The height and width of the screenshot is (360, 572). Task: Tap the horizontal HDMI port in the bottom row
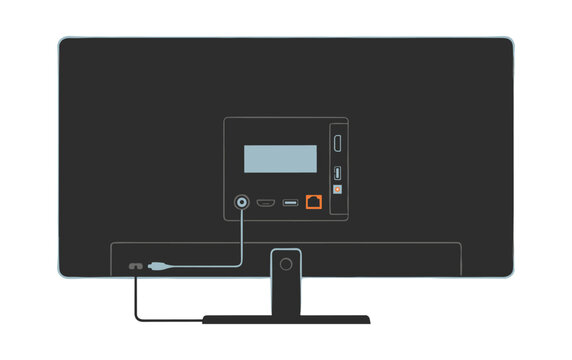point(266,203)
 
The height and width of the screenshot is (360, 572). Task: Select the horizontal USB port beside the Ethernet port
point(290,203)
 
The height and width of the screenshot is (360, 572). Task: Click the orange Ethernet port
point(314,202)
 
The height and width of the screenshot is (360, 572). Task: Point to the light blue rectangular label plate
point(281,159)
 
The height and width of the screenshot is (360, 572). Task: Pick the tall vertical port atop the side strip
point(338,143)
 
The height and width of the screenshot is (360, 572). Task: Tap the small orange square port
point(338,187)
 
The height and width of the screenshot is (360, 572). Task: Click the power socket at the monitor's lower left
point(132,267)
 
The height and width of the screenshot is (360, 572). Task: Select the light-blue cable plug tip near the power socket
point(158,267)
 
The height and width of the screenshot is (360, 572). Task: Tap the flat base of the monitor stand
point(286,320)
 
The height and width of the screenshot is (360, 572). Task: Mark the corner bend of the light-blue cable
point(241,265)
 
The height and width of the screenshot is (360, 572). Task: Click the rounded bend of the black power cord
point(137,318)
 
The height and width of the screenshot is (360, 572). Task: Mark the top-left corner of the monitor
point(60,40)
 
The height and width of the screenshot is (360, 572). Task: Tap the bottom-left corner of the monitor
point(60,275)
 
